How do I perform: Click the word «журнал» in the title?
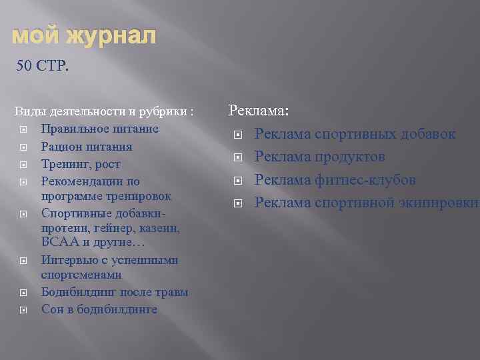(x=112, y=37)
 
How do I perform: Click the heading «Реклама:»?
(x=259, y=111)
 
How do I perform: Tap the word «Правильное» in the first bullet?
(x=71, y=129)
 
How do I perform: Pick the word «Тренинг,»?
(x=64, y=164)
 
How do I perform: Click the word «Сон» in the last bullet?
(x=51, y=309)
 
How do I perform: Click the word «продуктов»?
(x=350, y=157)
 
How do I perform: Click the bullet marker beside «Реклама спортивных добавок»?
(x=237, y=135)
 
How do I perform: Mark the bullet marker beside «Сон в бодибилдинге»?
(x=23, y=310)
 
